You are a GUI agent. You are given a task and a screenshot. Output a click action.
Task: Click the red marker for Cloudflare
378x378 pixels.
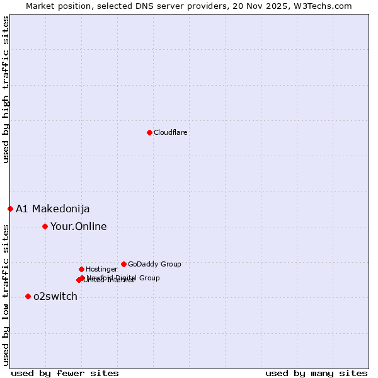click(149, 132)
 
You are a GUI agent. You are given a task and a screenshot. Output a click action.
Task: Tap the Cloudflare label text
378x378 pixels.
click(170, 132)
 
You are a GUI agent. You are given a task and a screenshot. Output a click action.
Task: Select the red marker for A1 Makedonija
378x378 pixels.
click(10, 209)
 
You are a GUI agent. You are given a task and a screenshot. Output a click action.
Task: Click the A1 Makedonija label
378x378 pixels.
click(53, 209)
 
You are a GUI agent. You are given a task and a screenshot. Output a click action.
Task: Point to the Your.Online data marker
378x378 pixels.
click(45, 226)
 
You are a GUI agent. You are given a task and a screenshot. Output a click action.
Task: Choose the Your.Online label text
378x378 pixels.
click(79, 227)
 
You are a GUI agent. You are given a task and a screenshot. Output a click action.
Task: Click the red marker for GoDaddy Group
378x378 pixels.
click(123, 264)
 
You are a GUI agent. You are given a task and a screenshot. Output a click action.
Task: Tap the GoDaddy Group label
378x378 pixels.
click(154, 265)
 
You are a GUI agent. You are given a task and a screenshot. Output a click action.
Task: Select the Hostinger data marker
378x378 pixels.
click(81, 269)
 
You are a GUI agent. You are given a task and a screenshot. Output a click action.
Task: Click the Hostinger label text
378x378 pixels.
click(101, 270)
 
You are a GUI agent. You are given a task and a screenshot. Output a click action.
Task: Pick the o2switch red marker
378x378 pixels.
click(28, 296)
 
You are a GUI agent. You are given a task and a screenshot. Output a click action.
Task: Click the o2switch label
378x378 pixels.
click(55, 297)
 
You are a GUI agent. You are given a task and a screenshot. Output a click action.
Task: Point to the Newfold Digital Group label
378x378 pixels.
click(123, 278)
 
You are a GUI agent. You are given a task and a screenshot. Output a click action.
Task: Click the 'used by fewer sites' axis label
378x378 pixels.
click(65, 373)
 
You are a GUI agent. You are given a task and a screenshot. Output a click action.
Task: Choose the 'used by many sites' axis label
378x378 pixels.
click(316, 373)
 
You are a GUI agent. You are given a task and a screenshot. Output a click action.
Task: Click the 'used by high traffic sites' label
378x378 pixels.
click(6, 90)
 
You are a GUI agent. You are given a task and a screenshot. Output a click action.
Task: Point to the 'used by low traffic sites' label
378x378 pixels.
click(6, 294)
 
